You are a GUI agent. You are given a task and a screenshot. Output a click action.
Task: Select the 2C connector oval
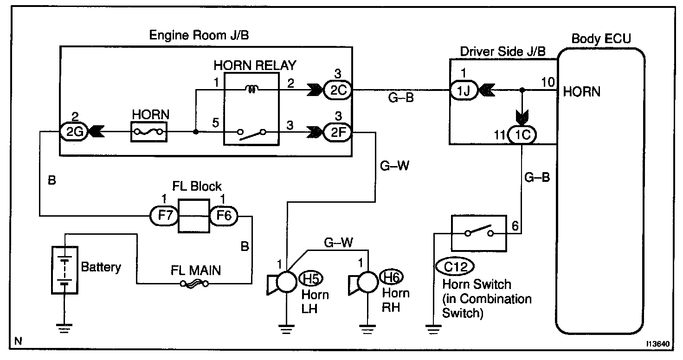click(337, 90)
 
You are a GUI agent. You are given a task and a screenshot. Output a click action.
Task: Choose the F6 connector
click(224, 216)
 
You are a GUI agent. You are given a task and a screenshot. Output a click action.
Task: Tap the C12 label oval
click(454, 267)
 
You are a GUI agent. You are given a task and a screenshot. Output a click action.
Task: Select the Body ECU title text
click(601, 39)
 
